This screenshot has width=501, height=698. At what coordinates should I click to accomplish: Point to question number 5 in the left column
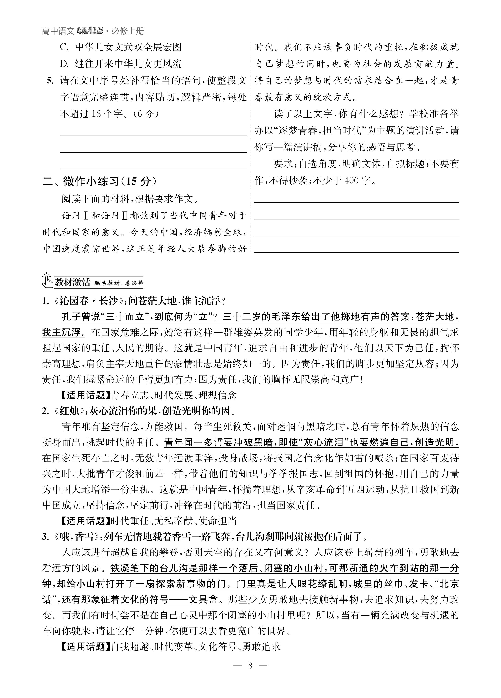50,81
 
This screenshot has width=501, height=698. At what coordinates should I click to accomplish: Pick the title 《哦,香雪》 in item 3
75,537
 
